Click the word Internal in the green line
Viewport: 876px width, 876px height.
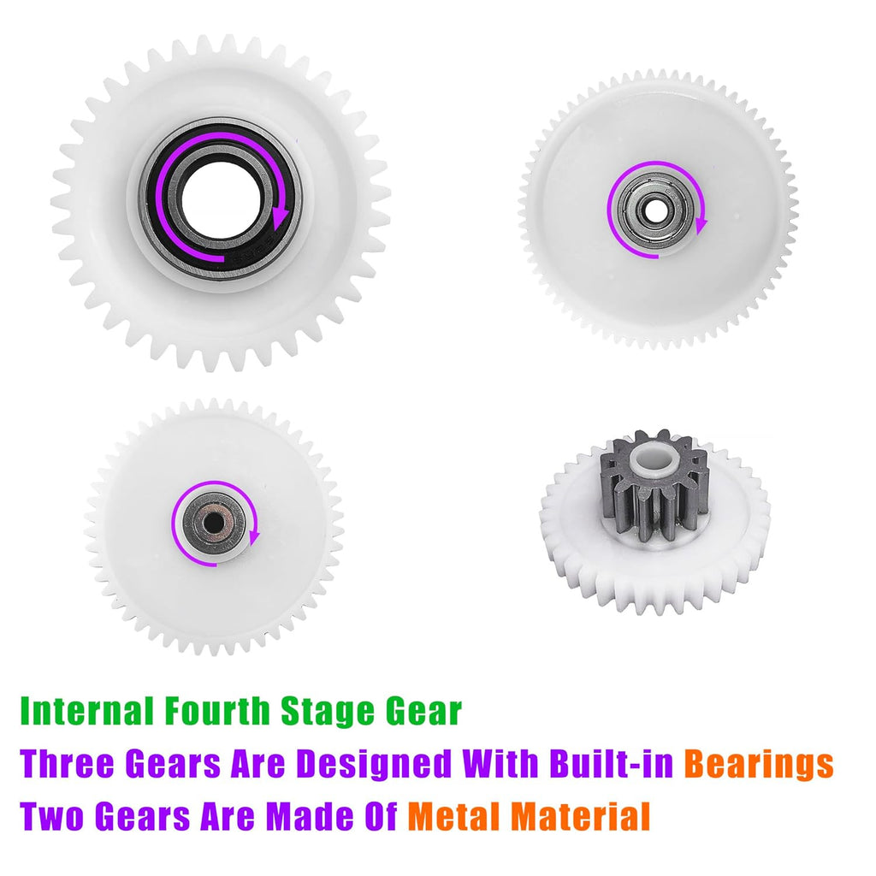point(86,711)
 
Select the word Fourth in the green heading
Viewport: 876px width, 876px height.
point(217,711)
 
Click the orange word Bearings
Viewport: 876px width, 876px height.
point(759,765)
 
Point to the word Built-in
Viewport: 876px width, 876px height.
point(611,762)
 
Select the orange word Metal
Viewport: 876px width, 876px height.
point(454,815)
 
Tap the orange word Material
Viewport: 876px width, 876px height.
point(581,815)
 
